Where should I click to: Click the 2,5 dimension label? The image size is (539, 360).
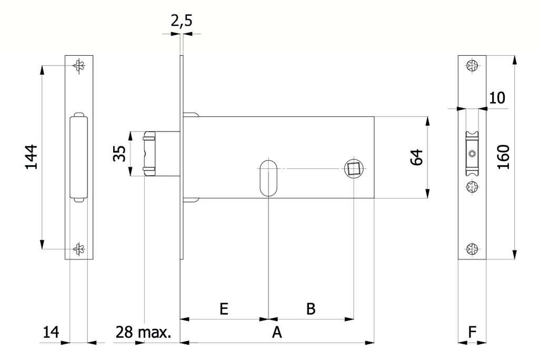pos(182,22)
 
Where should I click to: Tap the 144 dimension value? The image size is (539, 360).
pos(31,157)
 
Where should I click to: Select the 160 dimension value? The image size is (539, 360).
pos(504,157)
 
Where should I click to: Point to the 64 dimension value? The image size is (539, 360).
pos(417,157)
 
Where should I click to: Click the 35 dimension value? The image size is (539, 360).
pos(119,153)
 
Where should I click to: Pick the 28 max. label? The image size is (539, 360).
pos(143,333)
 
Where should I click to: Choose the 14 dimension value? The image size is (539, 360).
pos(51,333)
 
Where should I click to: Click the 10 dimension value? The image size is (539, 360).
pos(497,98)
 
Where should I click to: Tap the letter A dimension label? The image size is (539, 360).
pos(277,333)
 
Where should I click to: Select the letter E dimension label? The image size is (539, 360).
pos(224,309)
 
